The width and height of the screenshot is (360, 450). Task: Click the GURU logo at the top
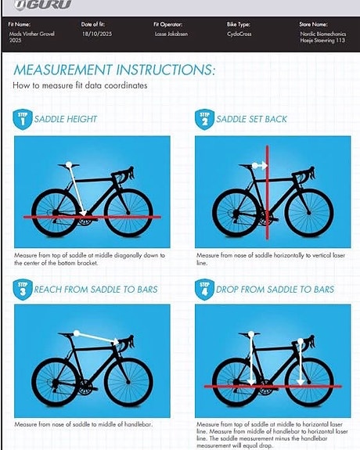point(42,5)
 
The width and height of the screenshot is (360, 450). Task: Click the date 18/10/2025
point(97,34)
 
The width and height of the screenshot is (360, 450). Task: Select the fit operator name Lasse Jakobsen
point(171,34)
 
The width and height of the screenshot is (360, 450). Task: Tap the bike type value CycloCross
point(239,34)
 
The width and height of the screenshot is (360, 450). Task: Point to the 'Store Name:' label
point(313,24)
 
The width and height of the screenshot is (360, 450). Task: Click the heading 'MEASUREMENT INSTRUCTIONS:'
point(114,70)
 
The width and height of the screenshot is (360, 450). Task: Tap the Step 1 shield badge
point(23,120)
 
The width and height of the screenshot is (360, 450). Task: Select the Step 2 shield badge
point(204,120)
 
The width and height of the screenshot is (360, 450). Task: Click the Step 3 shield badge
point(23,290)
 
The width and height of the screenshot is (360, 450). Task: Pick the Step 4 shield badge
point(204,290)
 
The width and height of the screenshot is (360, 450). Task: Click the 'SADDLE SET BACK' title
point(251,119)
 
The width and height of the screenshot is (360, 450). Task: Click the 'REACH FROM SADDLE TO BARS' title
point(96,290)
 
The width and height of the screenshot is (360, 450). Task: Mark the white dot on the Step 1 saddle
point(69,164)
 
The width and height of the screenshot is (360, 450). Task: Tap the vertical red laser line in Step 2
point(268,193)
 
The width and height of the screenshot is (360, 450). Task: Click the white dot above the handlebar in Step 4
point(301,341)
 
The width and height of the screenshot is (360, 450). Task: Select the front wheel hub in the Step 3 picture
point(128,382)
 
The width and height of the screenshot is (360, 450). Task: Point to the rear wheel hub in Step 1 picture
point(55,213)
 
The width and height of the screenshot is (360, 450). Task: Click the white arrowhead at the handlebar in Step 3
point(116,341)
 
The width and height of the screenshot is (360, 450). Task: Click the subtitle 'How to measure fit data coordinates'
point(80,85)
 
